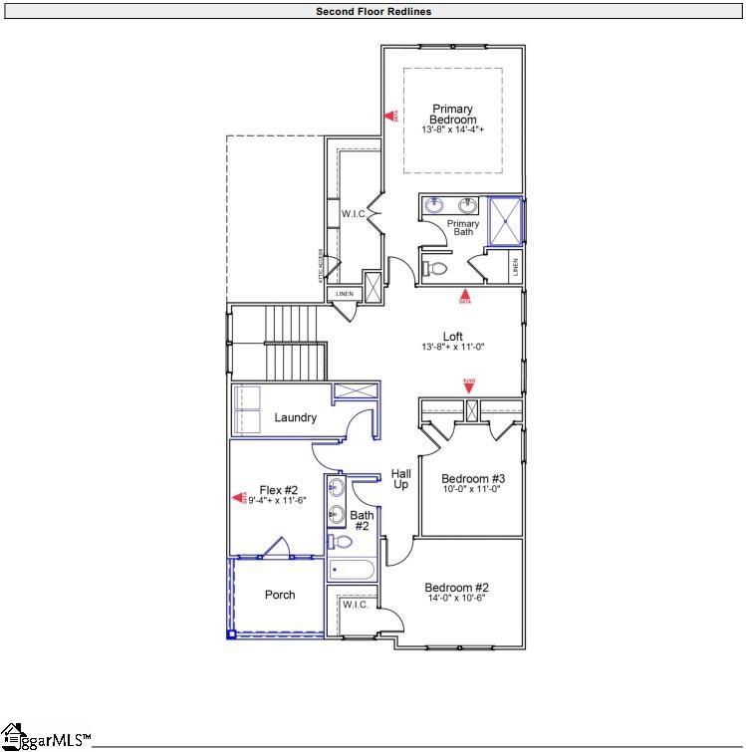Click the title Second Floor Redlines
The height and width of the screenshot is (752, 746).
click(373, 12)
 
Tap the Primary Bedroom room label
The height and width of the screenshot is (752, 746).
click(452, 115)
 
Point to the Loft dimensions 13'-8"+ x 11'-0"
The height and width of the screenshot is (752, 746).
click(452, 348)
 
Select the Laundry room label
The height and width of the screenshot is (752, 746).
click(296, 417)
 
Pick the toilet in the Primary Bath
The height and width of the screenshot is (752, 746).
click(434, 267)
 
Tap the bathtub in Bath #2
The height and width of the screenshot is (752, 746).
click(351, 571)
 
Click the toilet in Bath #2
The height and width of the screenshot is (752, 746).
click(341, 542)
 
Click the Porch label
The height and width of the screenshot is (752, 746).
click(280, 595)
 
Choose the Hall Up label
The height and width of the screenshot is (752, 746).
click(401, 478)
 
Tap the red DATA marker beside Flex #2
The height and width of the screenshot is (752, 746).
click(239, 498)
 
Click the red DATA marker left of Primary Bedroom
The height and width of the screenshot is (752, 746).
click(391, 117)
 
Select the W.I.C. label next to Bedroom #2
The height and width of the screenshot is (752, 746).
click(356, 605)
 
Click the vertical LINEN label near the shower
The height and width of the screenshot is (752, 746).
click(515, 267)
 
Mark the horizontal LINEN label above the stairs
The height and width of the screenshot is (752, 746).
click(344, 294)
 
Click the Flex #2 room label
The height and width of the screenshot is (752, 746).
click(279, 490)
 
